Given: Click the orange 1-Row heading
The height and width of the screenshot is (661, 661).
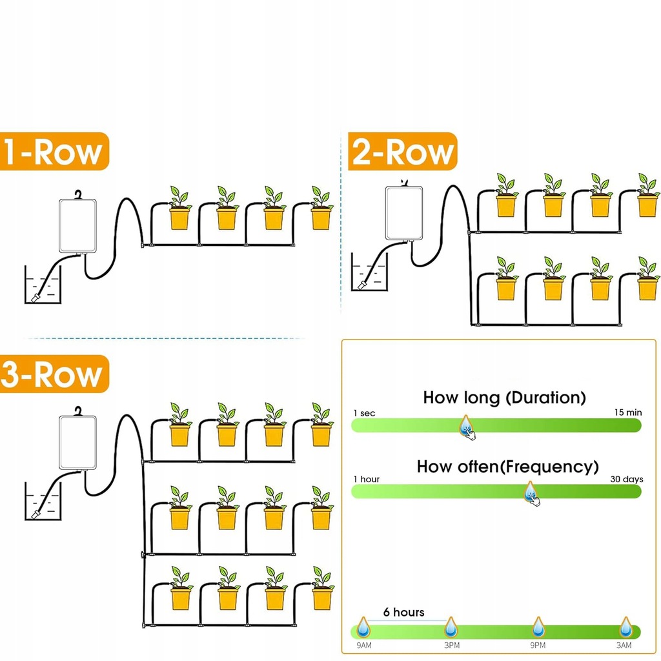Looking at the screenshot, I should pyautogui.click(x=53, y=152).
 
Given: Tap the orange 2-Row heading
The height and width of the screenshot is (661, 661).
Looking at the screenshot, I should pyautogui.click(x=402, y=152).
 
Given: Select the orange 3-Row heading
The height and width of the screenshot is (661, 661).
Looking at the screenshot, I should pyautogui.click(x=53, y=374).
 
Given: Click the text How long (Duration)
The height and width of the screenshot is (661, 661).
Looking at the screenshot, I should pyautogui.click(x=504, y=398).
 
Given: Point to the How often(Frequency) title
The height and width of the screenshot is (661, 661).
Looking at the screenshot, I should pyautogui.click(x=507, y=466).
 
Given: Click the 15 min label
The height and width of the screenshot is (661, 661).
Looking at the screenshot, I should pyautogui.click(x=629, y=412).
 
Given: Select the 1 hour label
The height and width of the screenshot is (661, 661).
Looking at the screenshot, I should pyautogui.click(x=366, y=479).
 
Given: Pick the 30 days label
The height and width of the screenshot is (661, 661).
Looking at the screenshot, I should pyautogui.click(x=627, y=479).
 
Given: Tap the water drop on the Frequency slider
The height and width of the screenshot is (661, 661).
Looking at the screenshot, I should pyautogui.click(x=530, y=492).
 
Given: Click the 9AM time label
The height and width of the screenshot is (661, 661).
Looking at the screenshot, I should pyautogui.click(x=363, y=646).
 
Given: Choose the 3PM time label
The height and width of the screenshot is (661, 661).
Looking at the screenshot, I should pyautogui.click(x=451, y=646).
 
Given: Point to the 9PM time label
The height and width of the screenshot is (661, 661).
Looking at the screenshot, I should pyautogui.click(x=538, y=646).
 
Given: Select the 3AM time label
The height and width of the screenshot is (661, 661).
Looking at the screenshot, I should pyautogui.click(x=624, y=646).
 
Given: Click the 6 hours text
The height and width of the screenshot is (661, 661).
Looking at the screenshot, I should pyautogui.click(x=403, y=612).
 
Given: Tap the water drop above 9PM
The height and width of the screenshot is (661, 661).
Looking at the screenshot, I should pyautogui.click(x=538, y=626).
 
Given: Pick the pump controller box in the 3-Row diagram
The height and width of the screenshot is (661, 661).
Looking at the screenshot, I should pyautogui.click(x=77, y=442).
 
